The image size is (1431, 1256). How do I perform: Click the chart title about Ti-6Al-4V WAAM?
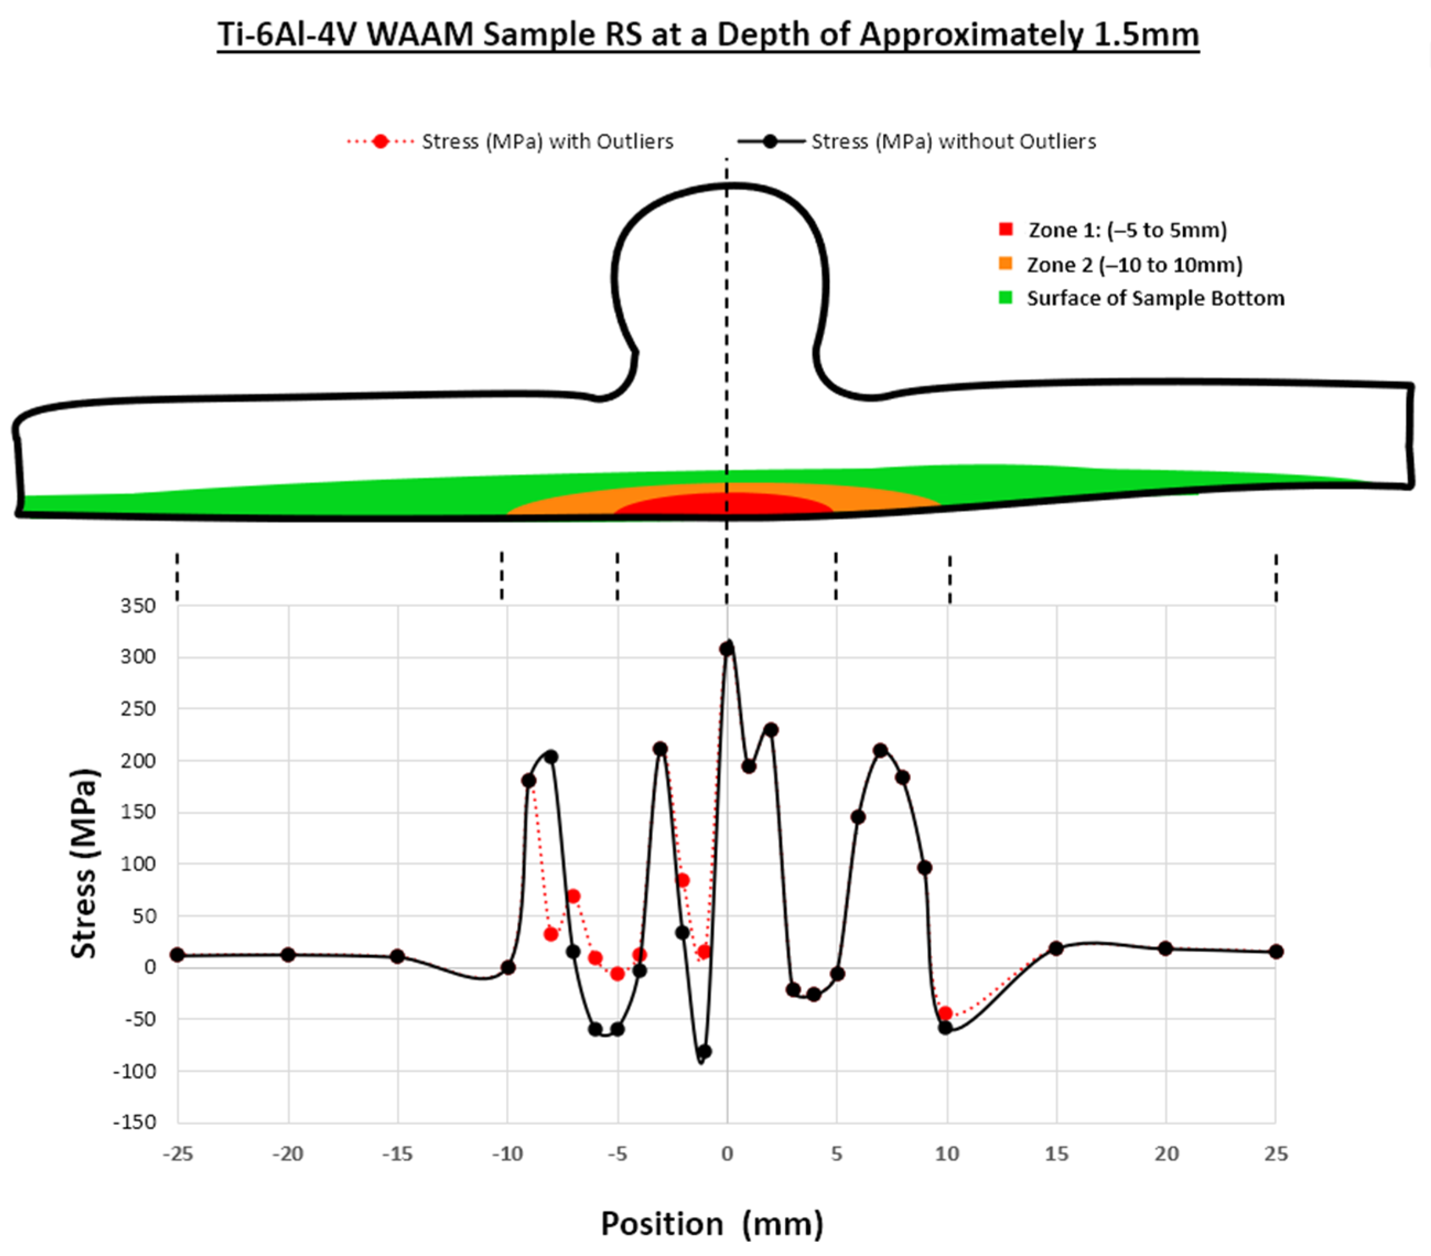(708, 34)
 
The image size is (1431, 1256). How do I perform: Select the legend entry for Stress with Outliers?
(510, 142)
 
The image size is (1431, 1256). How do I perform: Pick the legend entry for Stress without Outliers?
(916, 142)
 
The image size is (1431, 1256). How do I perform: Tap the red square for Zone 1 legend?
(1006, 229)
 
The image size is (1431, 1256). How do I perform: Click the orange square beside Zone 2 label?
(1006, 264)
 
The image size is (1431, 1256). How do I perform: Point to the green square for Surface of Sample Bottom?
(1006, 298)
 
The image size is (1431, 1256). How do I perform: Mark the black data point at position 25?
(1276, 951)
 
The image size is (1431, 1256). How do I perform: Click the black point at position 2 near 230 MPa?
(771, 730)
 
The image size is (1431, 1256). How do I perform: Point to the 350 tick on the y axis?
(138, 606)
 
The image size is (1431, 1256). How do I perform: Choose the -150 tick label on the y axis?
(134, 1122)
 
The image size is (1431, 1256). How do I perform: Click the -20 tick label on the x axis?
(287, 1154)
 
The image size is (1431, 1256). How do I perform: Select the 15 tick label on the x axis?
(1056, 1154)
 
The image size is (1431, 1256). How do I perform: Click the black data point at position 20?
(1165, 948)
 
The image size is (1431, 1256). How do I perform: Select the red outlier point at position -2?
(683, 881)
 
